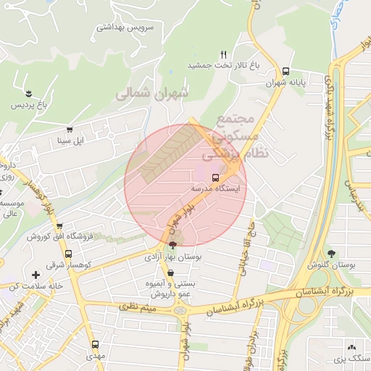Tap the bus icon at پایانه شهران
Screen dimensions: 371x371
point(287,72)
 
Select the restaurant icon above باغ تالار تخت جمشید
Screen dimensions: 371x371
point(224,54)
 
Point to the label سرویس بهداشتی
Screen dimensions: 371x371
point(128,28)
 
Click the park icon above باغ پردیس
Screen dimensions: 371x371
point(28,94)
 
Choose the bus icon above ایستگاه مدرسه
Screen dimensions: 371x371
point(215,177)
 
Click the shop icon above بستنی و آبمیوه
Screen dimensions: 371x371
point(170,273)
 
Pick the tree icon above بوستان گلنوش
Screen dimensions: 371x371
point(332,254)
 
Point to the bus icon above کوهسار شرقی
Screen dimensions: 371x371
point(68,254)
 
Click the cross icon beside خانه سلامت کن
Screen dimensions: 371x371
point(36,275)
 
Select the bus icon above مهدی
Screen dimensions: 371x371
point(95,345)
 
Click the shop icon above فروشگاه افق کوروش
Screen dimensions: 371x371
point(59,225)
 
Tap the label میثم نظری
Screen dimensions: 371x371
point(149,310)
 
